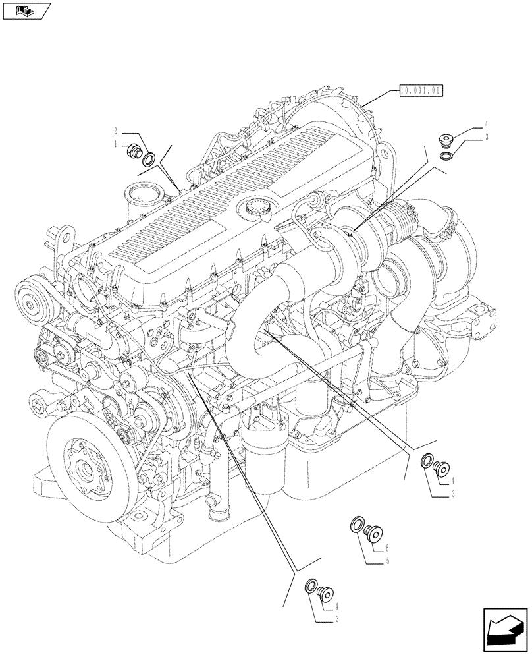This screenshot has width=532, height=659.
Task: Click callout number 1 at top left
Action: point(115,142)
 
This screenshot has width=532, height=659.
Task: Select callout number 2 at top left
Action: point(115,130)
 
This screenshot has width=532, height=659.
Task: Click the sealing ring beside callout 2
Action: point(150,158)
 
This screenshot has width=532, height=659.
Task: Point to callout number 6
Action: point(388,548)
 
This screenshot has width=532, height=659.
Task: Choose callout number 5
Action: point(388,561)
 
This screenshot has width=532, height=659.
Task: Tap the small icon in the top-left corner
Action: point(24,11)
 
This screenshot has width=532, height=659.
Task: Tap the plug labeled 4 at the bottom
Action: point(327,593)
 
